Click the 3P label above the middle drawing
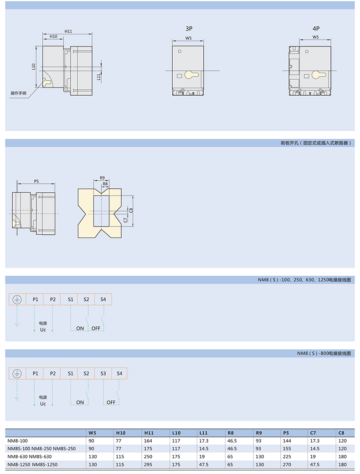[x=189, y=28]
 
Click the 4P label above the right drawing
[x=316, y=28]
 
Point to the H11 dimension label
[x=68, y=31]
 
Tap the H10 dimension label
[x=53, y=36]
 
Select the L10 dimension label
[x=34, y=67]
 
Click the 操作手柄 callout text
[x=18, y=93]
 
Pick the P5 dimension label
[x=36, y=181]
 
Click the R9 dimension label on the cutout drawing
[x=102, y=178]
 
